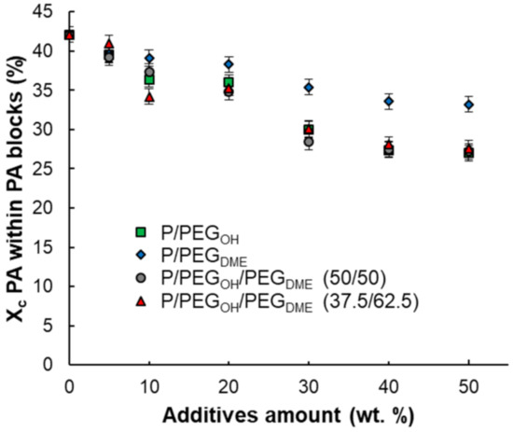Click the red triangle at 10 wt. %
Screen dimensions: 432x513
(149, 97)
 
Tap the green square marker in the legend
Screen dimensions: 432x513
(141, 230)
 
